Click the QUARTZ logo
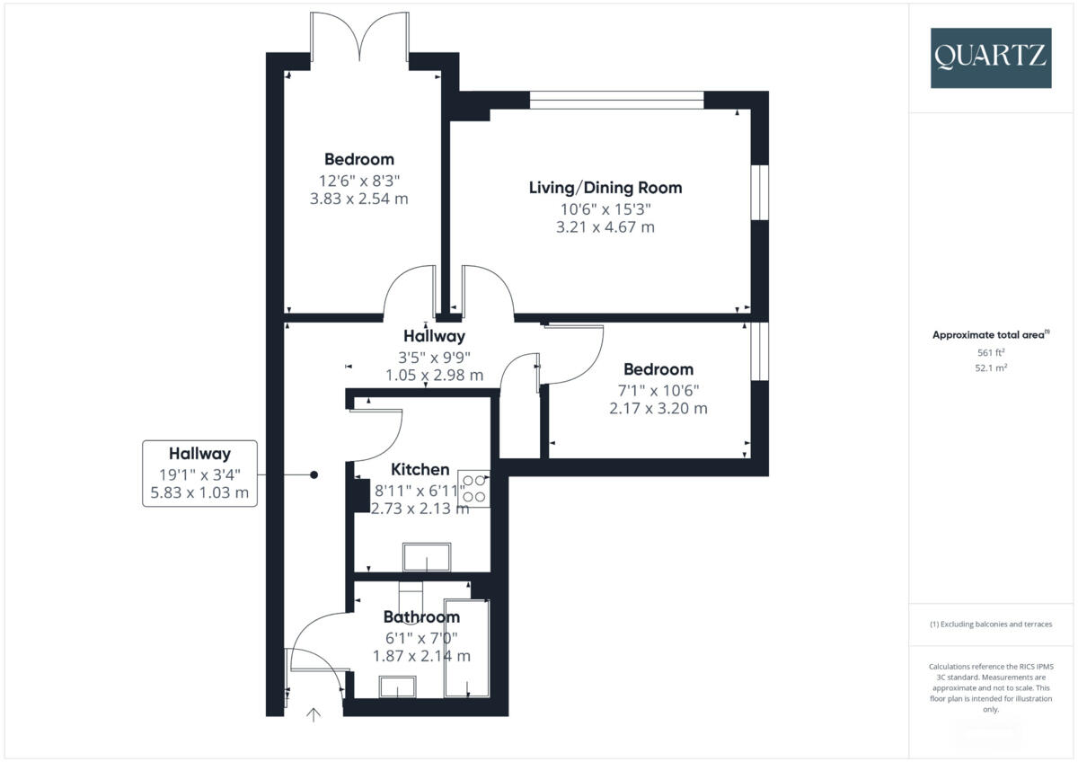pyautogui.click(x=990, y=58)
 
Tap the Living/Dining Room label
pyautogui.click(x=605, y=188)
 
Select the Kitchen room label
pyautogui.click(x=420, y=469)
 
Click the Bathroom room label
pyautogui.click(x=421, y=616)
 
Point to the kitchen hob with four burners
pyautogui.click(x=474, y=488)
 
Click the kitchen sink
pyautogui.click(x=427, y=557)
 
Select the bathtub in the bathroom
pyautogui.click(x=466, y=648)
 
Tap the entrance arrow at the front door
pyautogui.click(x=314, y=715)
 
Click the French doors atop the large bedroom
pyautogui.click(x=359, y=37)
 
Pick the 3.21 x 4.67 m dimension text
pyautogui.click(x=605, y=227)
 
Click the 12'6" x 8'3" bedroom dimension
pyautogui.click(x=358, y=180)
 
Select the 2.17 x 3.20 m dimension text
pyautogui.click(x=658, y=408)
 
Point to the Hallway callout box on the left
pyautogui.click(x=199, y=474)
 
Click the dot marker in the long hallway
pyautogui.click(x=314, y=474)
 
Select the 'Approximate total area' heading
pyautogui.click(x=990, y=334)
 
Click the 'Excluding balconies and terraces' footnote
pyautogui.click(x=990, y=624)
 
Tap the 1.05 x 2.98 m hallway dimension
pyautogui.click(x=434, y=375)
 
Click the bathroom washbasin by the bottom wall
pyautogui.click(x=398, y=687)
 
